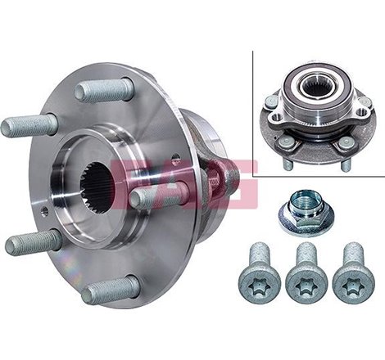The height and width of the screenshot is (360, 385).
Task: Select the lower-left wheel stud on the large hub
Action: tap(33, 242)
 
